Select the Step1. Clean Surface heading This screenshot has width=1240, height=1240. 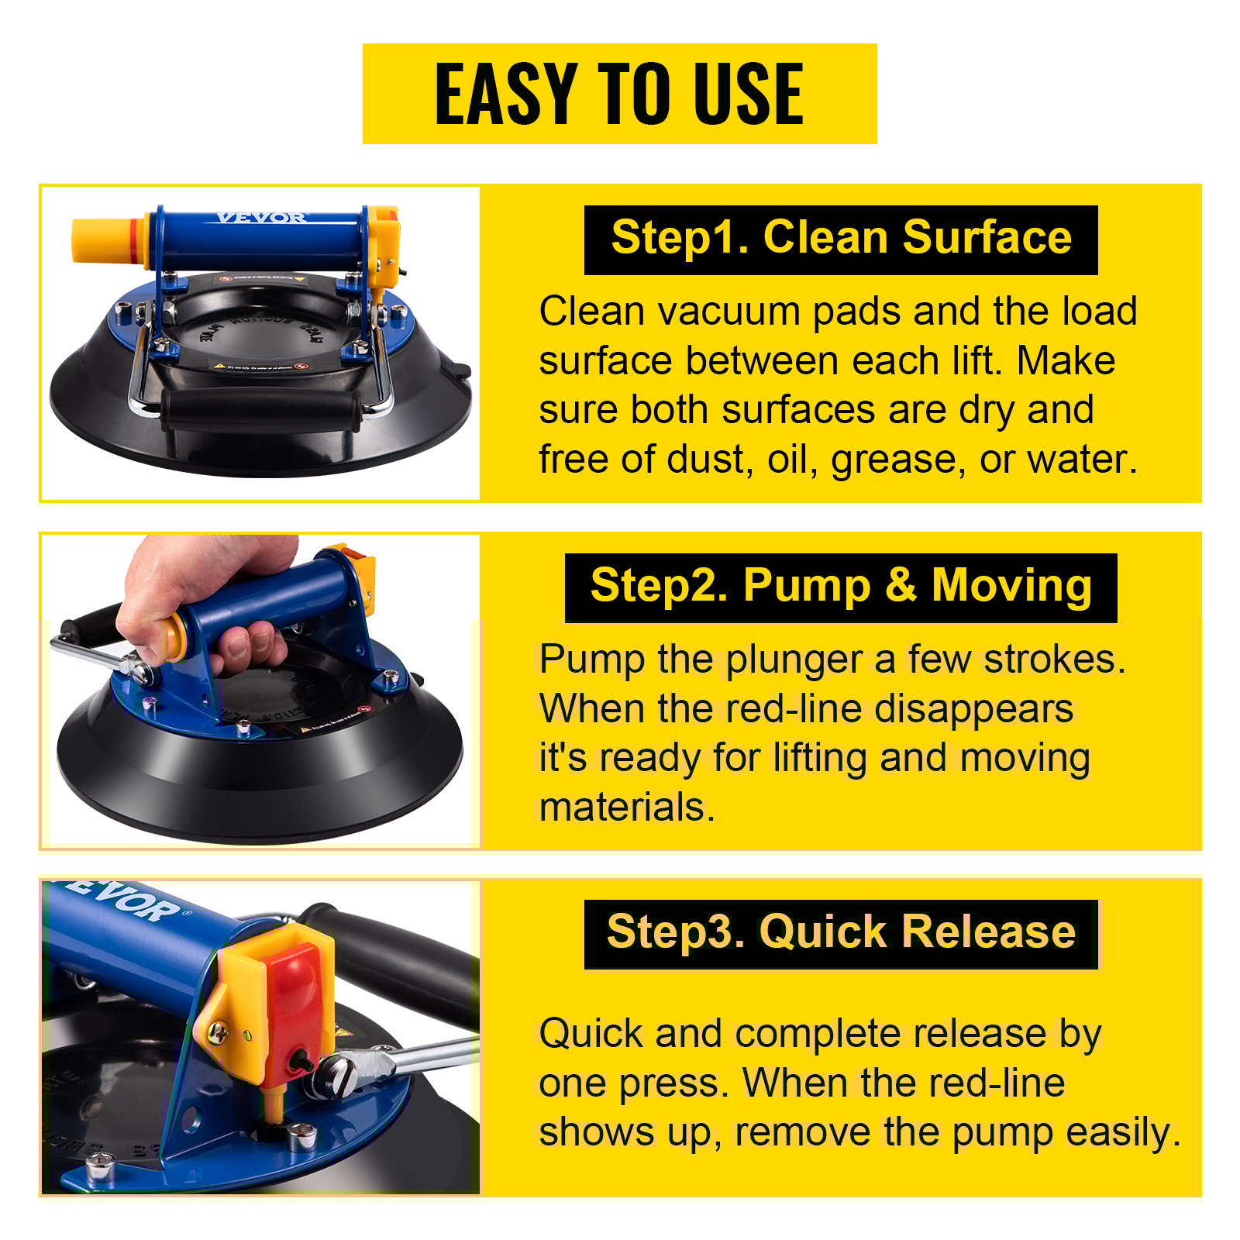[841, 239]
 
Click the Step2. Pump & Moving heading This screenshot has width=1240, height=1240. [841, 587]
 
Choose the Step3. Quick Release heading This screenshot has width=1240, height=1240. [841, 933]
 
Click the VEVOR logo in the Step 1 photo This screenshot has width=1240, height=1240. [260, 218]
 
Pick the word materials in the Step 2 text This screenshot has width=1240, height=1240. [626, 808]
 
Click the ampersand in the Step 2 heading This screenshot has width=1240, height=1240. [901, 587]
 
